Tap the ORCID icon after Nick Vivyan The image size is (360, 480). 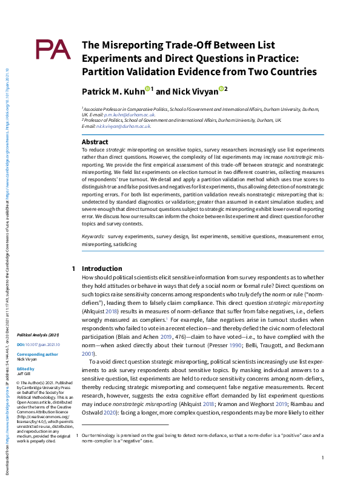coord(222,89)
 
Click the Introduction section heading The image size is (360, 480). coord(101,268)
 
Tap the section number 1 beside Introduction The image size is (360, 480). coord(73,268)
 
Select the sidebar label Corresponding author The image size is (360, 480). coord(38,354)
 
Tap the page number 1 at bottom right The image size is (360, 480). coord(323,458)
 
